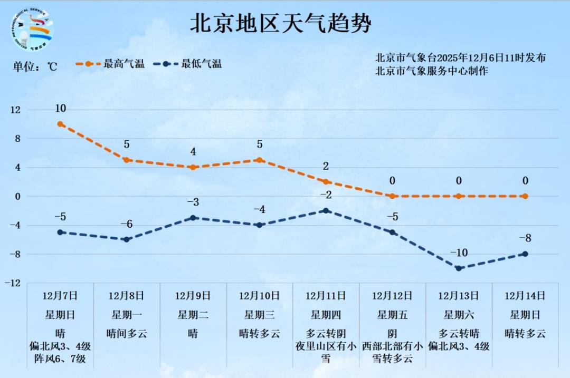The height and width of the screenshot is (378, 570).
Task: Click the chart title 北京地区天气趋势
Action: pyautogui.click(x=280, y=24)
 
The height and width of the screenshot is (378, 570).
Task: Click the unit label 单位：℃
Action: pyautogui.click(x=35, y=66)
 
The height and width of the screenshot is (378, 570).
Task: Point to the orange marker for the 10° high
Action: pyautogui.click(x=60, y=124)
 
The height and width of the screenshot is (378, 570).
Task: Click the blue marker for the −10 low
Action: pyautogui.click(x=459, y=268)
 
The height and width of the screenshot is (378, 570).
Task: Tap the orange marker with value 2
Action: pyautogui.click(x=326, y=181)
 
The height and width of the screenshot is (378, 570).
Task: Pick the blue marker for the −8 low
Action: pyautogui.click(x=525, y=254)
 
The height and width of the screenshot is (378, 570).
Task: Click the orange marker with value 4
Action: pyautogui.click(x=193, y=167)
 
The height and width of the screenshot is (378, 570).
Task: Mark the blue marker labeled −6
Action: pyautogui.click(x=127, y=239)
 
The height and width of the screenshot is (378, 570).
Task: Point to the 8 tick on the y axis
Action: pyautogui.click(x=16, y=139)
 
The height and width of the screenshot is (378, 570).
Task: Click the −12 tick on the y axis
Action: pyautogui.click(x=14, y=283)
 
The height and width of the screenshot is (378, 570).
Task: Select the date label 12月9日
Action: pyautogui.click(x=193, y=296)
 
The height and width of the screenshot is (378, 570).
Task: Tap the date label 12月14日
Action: pyautogui.click(x=525, y=296)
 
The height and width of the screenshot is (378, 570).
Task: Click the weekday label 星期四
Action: pyautogui.click(x=326, y=315)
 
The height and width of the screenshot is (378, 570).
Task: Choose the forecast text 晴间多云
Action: pyautogui.click(x=127, y=334)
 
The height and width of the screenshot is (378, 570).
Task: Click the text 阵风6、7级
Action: pyautogui.click(x=60, y=360)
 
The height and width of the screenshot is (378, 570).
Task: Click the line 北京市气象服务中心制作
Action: pyautogui.click(x=431, y=71)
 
